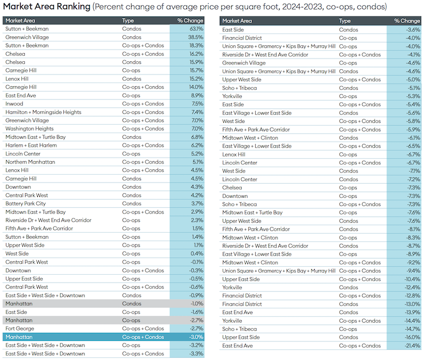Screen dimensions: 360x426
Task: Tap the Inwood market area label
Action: coord(14,104)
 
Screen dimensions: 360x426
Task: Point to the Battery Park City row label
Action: coord(26,203)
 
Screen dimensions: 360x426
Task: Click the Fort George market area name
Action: coord(19,329)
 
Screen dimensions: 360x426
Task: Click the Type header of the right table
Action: coord(345,21)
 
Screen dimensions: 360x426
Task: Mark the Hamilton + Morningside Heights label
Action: coord(44,112)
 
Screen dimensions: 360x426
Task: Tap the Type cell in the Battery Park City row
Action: coord(132,203)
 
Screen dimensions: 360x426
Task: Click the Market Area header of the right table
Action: coord(237,21)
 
